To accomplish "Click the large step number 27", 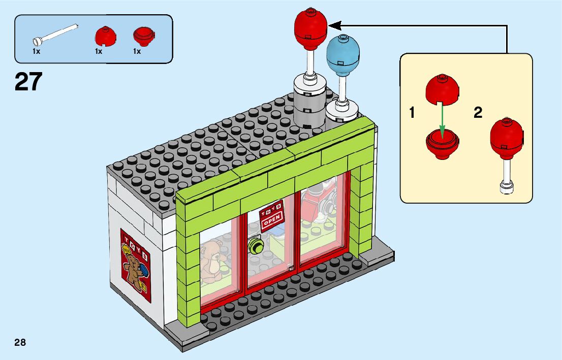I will pyautogui.click(x=28, y=81).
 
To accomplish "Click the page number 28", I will pyautogui.click(x=20, y=342).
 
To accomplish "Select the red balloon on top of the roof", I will pyautogui.click(x=310, y=28).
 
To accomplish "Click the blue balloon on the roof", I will pyautogui.click(x=343, y=55).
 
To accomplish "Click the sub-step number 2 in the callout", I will pyautogui.click(x=478, y=113).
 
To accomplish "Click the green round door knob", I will pyautogui.click(x=257, y=247).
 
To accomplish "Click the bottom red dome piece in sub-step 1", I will pyautogui.click(x=442, y=143).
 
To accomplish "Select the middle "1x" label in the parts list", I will pyautogui.click(x=98, y=51).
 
